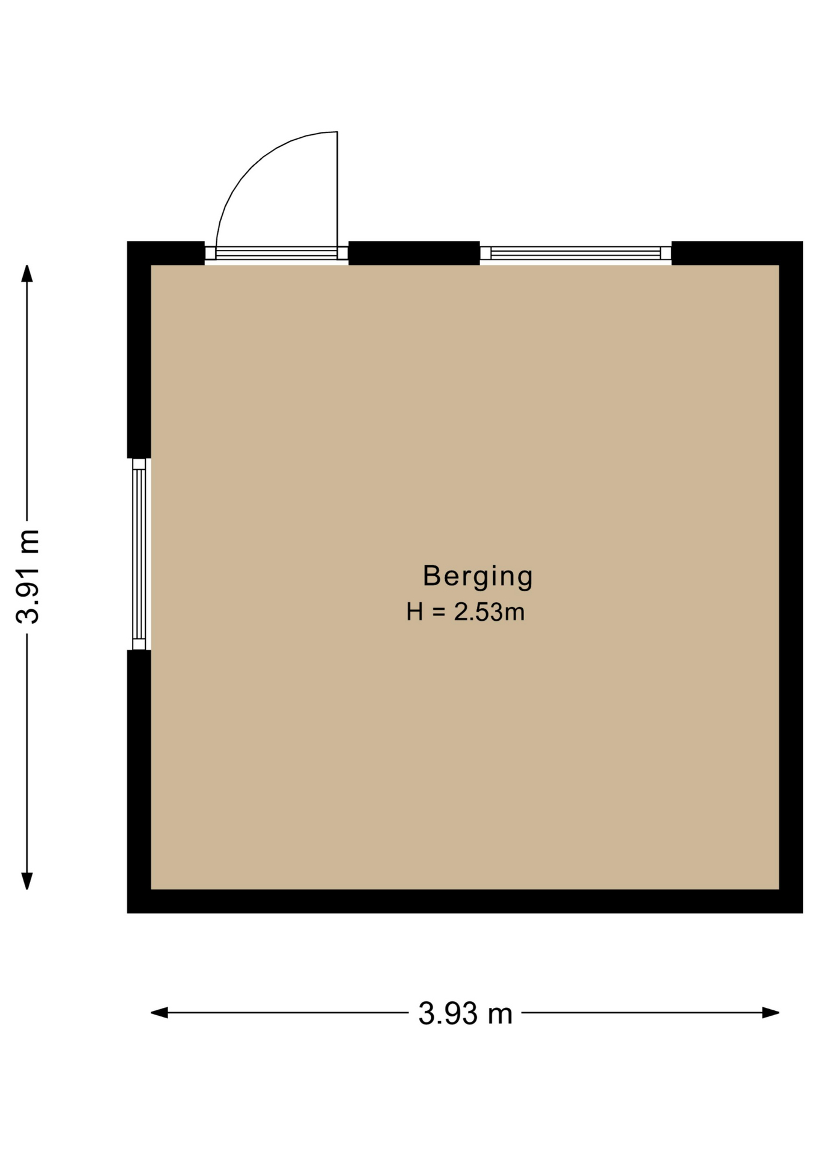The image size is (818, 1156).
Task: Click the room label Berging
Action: (478, 577)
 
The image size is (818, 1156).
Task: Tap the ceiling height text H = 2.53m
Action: (466, 612)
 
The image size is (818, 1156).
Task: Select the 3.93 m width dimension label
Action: (465, 1013)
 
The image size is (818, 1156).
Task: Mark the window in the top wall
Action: (575, 253)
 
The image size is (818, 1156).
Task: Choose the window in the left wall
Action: (139, 554)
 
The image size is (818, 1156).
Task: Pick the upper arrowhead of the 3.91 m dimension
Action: (27, 273)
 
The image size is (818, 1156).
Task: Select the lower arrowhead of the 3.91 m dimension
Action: (27, 881)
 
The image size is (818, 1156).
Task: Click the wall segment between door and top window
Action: (414, 253)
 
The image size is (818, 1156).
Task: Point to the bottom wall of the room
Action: (464, 901)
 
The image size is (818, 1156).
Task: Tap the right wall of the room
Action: (791, 577)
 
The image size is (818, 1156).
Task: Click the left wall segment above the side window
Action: (139, 349)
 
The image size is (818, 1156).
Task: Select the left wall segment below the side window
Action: (139, 782)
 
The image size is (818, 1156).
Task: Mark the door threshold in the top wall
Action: (276, 253)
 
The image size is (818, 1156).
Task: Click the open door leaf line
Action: (337, 189)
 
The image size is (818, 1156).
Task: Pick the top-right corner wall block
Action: (737, 253)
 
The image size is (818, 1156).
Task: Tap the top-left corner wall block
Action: (166, 253)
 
